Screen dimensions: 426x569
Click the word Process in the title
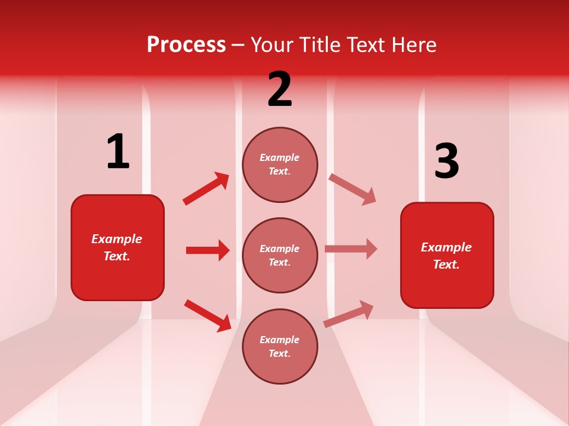pos(186,45)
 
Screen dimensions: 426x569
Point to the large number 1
pos(118,151)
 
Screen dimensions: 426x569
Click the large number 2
pos(280,89)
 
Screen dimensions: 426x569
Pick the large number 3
pos(446,162)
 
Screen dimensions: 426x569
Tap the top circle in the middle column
pos(280,164)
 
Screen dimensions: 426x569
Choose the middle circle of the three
pos(280,255)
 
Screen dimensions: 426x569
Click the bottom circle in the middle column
pos(280,346)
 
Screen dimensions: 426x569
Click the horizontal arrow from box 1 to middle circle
pos(207,250)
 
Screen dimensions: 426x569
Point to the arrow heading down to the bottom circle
pos(207,315)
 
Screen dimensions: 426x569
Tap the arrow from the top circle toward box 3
pos(352,189)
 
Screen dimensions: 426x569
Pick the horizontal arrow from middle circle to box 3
pos(351,249)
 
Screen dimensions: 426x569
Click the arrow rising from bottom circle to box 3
pos(349,314)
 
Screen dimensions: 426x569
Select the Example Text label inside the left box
pos(117,247)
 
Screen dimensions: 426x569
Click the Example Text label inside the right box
pos(446,256)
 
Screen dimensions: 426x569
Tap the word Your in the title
pos(273,45)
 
